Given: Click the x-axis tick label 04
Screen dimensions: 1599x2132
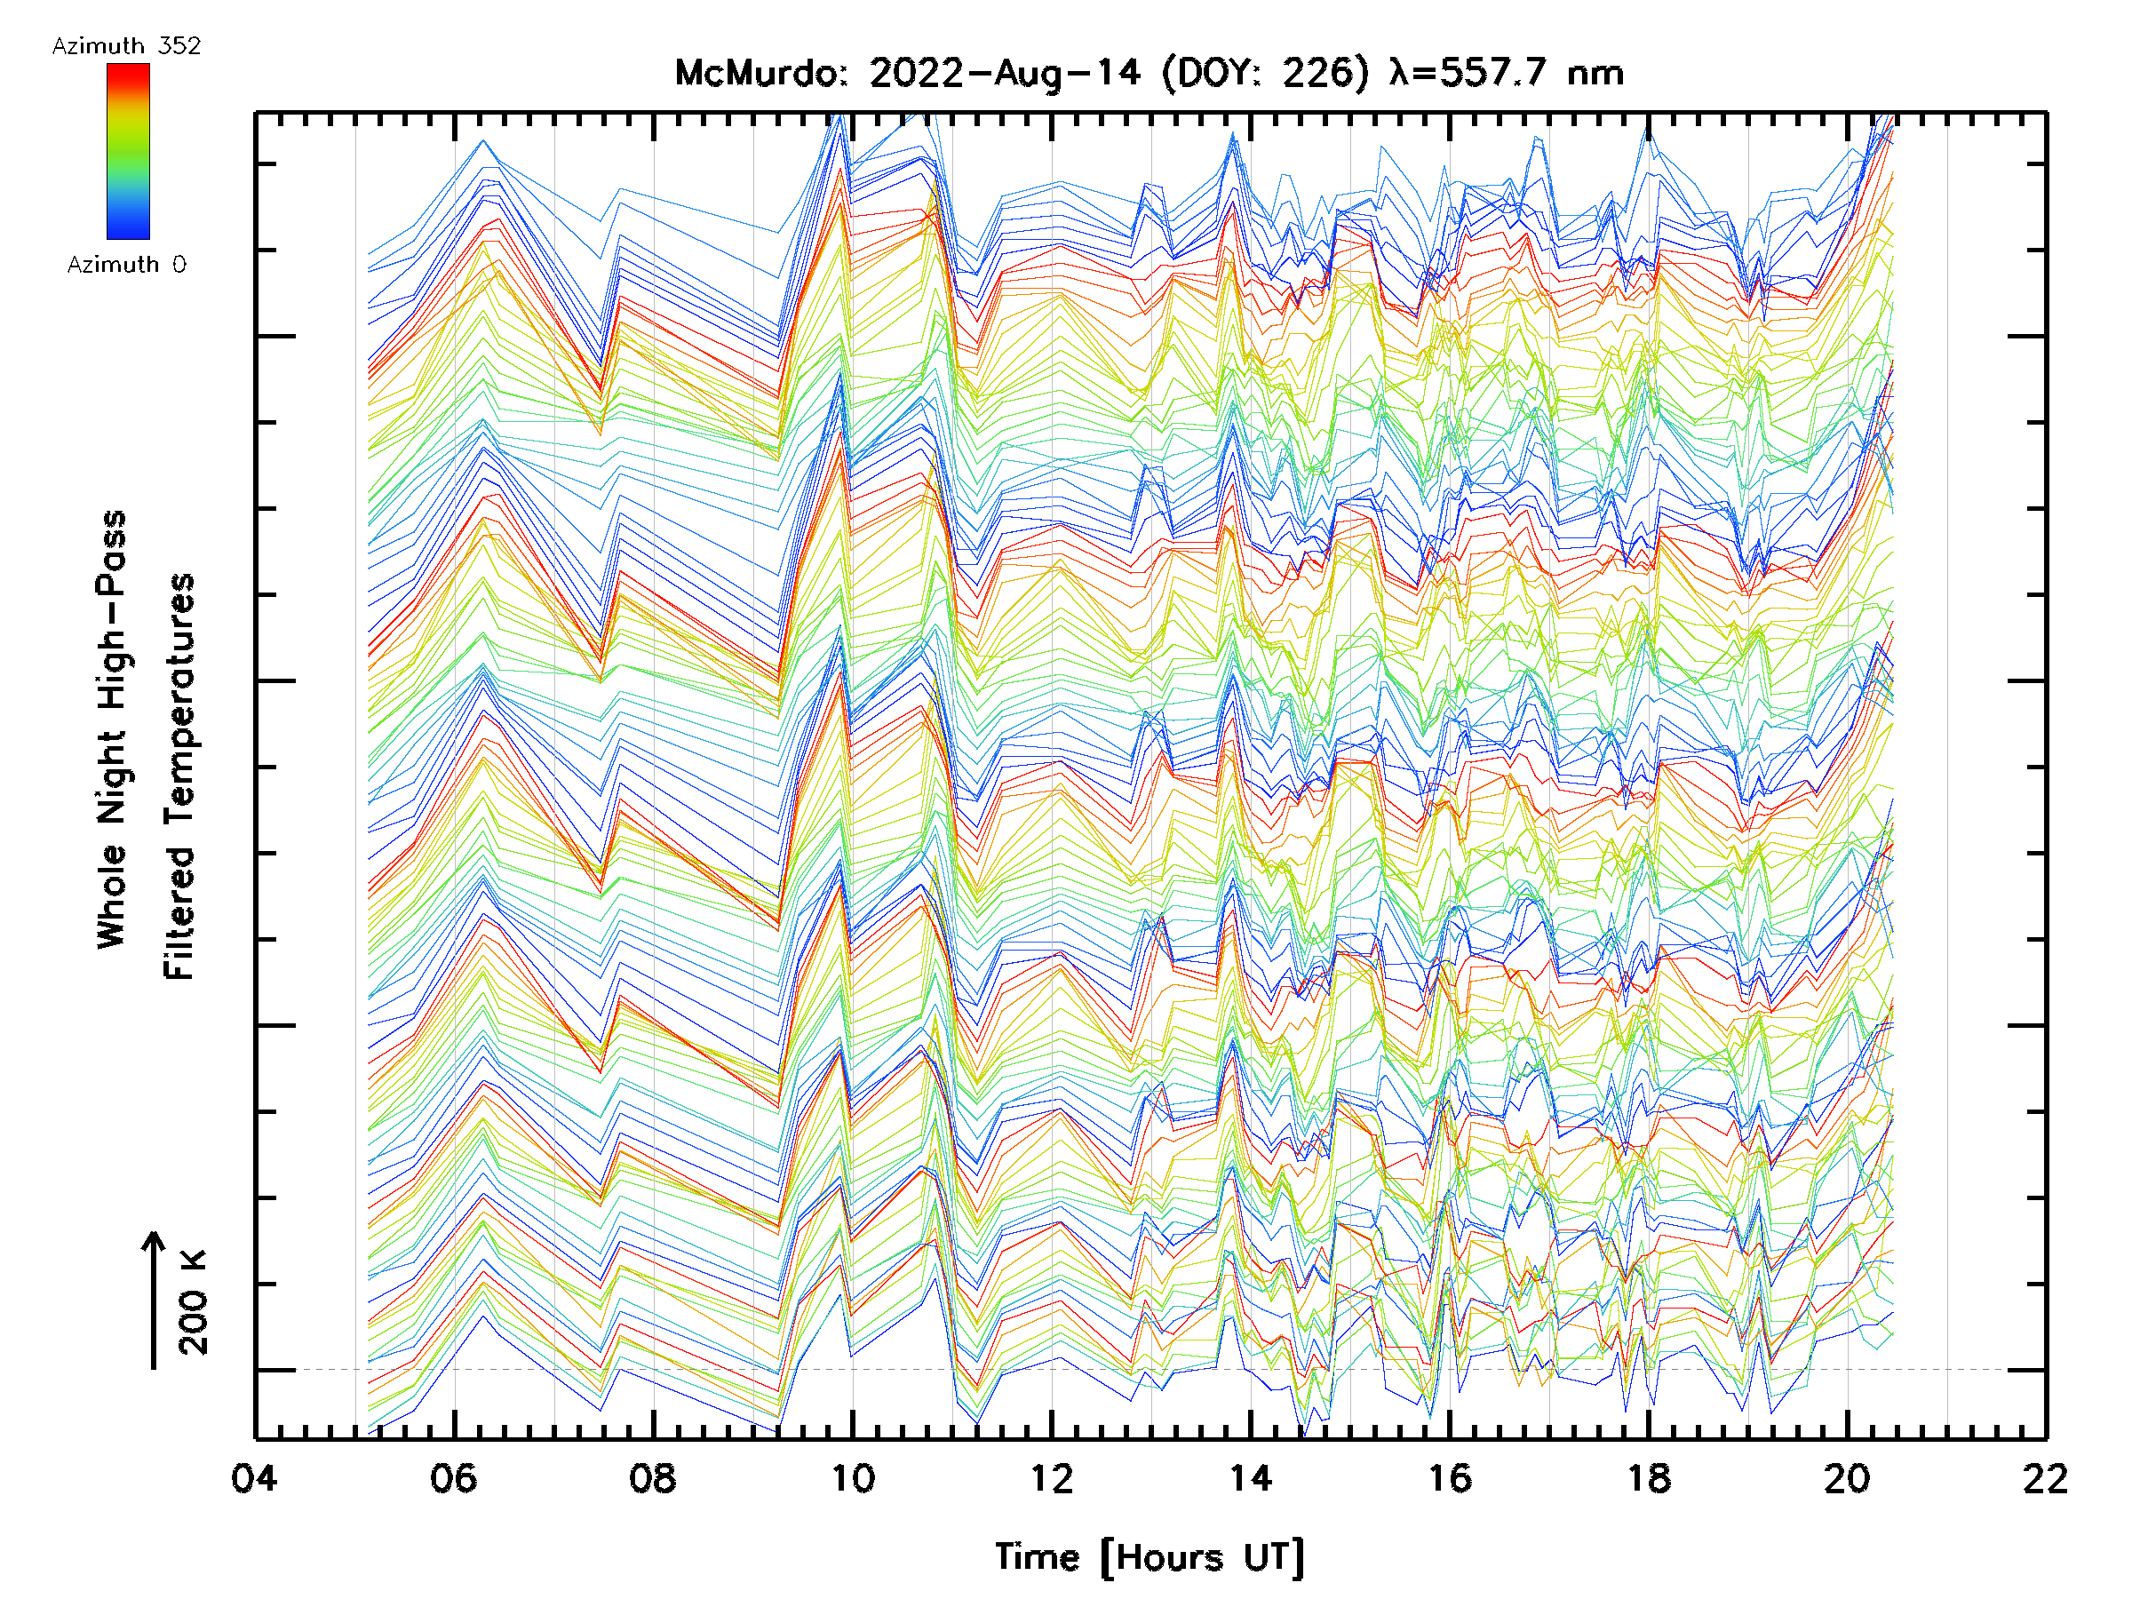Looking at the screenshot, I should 254,1478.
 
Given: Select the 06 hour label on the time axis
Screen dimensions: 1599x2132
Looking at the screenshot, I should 454,1478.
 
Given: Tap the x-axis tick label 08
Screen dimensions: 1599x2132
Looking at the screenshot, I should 653,1478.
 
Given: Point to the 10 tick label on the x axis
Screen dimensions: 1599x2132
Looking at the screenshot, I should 852,1478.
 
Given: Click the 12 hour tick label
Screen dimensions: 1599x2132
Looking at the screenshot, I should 1052,1478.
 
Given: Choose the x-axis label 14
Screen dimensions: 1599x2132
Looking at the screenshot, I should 1250,1478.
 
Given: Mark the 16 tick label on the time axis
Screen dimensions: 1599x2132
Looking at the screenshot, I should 1450,1478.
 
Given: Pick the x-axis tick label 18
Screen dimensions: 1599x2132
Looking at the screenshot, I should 1649,1478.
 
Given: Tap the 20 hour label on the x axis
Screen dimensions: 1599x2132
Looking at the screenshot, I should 1848,1478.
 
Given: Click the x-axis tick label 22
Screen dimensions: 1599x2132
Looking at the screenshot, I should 2046,1478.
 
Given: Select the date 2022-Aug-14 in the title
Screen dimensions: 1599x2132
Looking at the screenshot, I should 1005,73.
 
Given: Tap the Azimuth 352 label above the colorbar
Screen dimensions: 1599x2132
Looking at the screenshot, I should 126,46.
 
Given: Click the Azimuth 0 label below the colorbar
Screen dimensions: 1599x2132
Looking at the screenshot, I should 126,265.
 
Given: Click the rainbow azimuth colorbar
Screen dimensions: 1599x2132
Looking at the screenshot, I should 128,151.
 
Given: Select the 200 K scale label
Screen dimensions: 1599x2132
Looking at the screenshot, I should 194,1302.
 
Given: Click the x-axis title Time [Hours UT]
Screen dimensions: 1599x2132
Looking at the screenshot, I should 1150,1557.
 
